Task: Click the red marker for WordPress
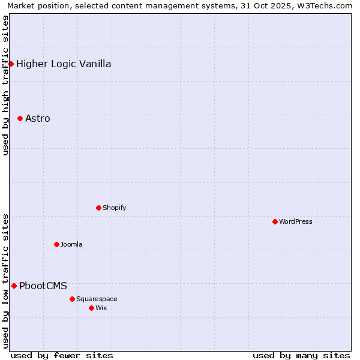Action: pyautogui.click(x=275, y=221)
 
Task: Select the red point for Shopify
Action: pyautogui.click(x=98, y=208)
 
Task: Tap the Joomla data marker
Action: pyautogui.click(x=56, y=244)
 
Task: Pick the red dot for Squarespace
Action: pyautogui.click(x=72, y=299)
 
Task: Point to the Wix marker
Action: pyautogui.click(x=91, y=308)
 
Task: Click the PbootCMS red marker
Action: pyautogui.click(x=14, y=286)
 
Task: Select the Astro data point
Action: pyautogui.click(x=20, y=118)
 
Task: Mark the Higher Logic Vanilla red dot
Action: pyautogui.click(x=11, y=64)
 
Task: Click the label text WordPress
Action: pyautogui.click(x=296, y=221)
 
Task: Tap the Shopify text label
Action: pyautogui.click(x=114, y=208)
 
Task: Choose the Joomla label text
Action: pyautogui.click(x=71, y=244)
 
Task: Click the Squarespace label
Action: pyautogui.click(x=97, y=299)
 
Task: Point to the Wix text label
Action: pyautogui.click(x=101, y=308)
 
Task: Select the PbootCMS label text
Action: pyautogui.click(x=43, y=286)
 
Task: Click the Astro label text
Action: pyautogui.click(x=38, y=118)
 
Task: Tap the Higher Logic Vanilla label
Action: pyautogui.click(x=64, y=64)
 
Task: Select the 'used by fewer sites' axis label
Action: pyautogui.click(x=62, y=355)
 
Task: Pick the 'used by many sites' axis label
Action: pyautogui.click(x=301, y=355)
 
